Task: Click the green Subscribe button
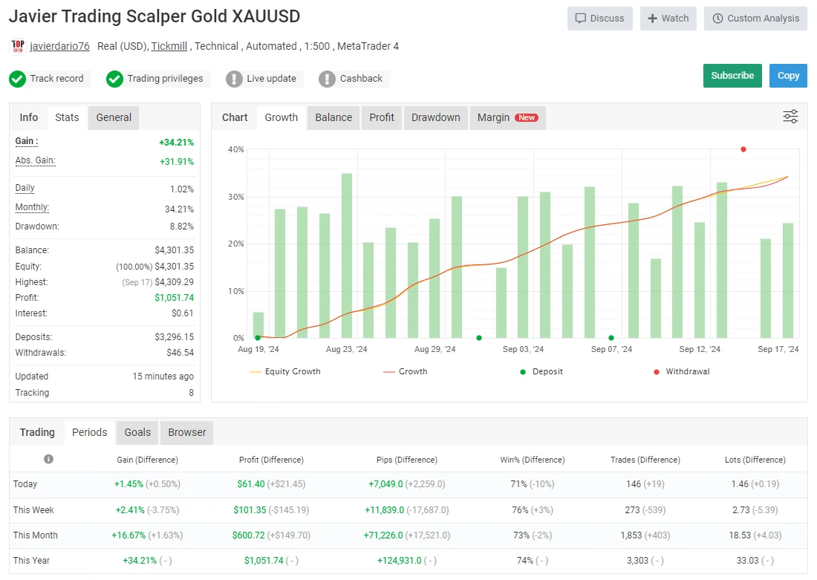click(732, 76)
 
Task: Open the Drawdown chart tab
click(435, 117)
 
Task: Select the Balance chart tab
click(333, 117)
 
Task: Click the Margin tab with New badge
click(507, 117)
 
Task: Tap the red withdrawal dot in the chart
click(743, 149)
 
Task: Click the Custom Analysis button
click(755, 19)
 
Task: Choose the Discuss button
click(599, 19)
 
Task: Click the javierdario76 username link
click(59, 46)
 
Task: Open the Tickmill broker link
click(169, 46)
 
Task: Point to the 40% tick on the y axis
click(235, 149)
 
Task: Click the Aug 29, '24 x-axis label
click(434, 349)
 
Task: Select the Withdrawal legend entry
click(687, 371)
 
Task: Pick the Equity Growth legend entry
click(292, 371)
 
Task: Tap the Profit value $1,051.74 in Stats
click(176, 298)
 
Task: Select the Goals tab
click(137, 432)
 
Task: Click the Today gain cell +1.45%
click(128, 484)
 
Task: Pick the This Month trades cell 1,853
click(637, 535)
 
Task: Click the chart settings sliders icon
click(790, 117)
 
